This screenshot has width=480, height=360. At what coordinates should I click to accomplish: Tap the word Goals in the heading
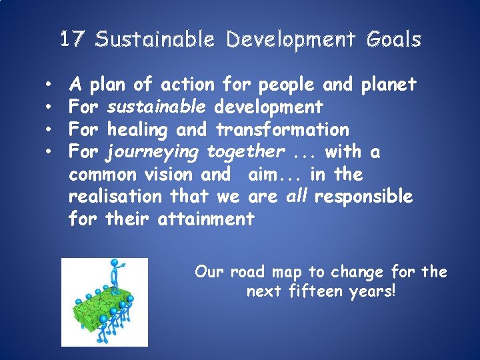[393, 40]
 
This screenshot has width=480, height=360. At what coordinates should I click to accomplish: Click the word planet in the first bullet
[388, 85]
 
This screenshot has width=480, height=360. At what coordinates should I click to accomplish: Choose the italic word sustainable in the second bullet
[157, 107]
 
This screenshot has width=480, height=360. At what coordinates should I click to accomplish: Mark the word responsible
[364, 197]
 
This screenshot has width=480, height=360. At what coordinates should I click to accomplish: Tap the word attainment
[206, 219]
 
